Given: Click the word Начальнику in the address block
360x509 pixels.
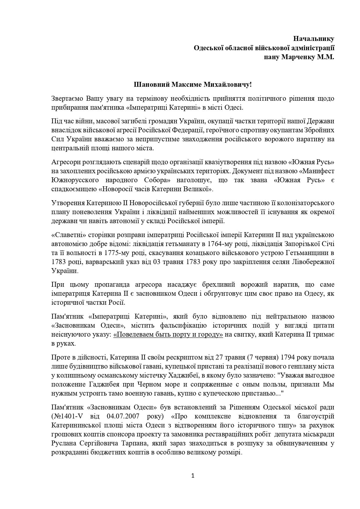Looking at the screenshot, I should coord(314,39).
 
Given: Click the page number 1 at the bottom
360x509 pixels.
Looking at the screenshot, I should coord(193,476).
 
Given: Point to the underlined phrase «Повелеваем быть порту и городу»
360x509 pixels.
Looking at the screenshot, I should coord(168,334).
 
